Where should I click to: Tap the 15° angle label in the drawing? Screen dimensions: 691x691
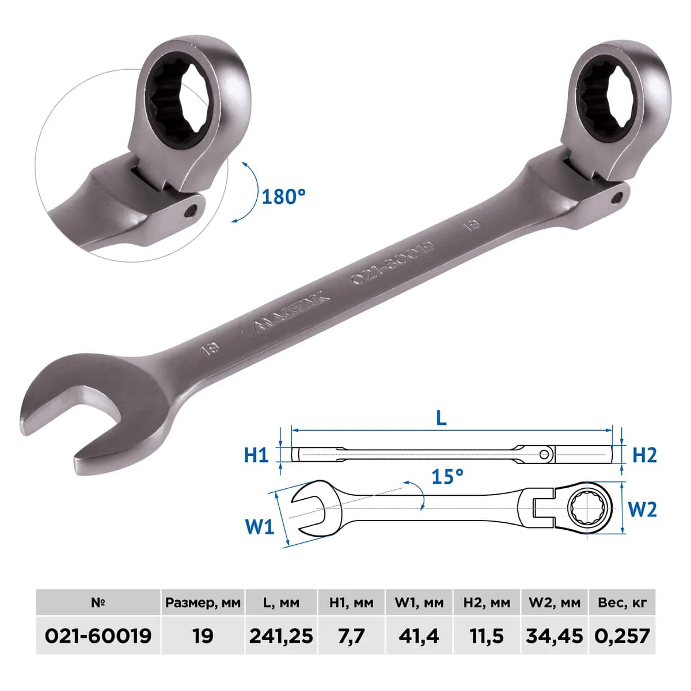pyautogui.click(x=447, y=476)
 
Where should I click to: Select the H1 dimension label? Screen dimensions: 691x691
pyautogui.click(x=256, y=455)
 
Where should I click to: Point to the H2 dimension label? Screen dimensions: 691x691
pyautogui.click(x=644, y=455)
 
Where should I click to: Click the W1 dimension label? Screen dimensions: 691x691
pyautogui.click(x=259, y=527)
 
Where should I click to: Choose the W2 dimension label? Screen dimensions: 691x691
pyautogui.click(x=642, y=510)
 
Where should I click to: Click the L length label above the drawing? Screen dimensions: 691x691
pyautogui.click(x=442, y=417)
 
